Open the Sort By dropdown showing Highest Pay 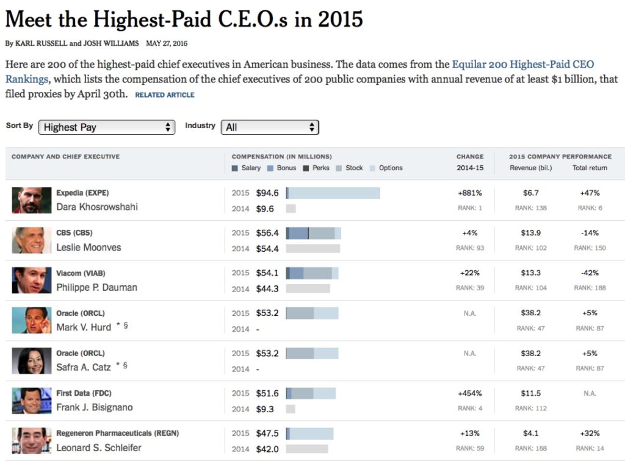107,127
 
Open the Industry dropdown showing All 270,127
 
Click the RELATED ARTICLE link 164,95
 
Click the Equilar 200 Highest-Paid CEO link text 522,65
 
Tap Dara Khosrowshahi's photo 32,200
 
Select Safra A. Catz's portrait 32,360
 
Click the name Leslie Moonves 89,248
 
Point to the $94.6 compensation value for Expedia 267,193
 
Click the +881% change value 470,193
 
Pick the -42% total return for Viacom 590,273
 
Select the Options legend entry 390,168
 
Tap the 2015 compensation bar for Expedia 333,193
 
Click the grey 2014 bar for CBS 312,249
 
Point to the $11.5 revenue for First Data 531,393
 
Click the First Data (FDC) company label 84,393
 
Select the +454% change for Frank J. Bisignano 470,393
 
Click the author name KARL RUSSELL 38,43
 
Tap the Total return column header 590,168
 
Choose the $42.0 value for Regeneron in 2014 267,449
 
